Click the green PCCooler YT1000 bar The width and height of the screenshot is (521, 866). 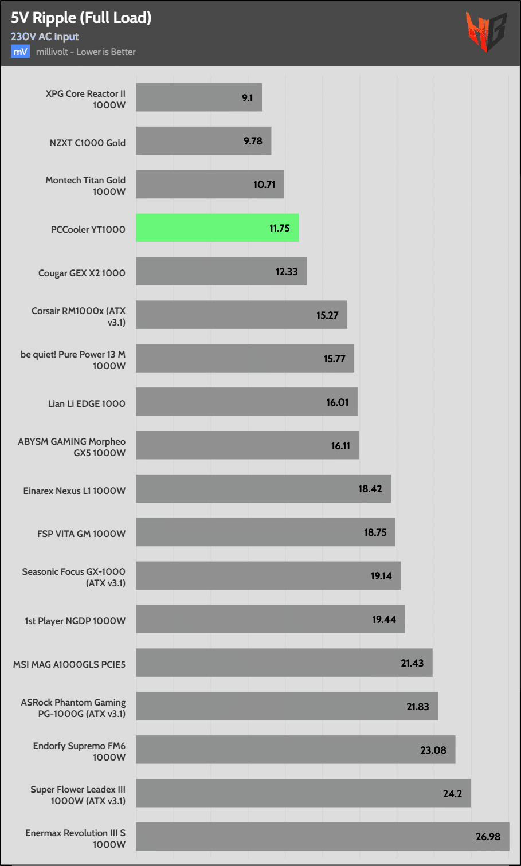(217, 228)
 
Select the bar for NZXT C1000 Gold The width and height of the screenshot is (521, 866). (203, 141)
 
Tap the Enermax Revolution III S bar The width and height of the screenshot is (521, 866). (322, 837)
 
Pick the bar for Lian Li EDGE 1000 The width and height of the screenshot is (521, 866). (246, 402)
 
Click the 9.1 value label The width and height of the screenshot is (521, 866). (248, 98)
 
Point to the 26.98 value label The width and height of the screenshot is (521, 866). (488, 837)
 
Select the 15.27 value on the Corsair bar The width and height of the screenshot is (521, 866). (327, 315)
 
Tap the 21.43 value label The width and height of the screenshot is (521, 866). (412, 663)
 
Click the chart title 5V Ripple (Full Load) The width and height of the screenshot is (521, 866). (81, 18)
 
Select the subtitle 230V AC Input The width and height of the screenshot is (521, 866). (45, 37)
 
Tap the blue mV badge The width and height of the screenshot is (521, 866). (20, 52)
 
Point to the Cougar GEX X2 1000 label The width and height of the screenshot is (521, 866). (82, 273)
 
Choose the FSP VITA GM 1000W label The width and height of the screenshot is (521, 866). (81, 534)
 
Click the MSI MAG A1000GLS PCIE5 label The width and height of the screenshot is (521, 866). (69, 664)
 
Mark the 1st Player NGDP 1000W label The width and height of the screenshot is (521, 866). (75, 621)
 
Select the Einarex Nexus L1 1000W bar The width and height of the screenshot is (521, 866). (263, 489)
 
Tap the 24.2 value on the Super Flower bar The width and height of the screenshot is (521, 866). (452, 794)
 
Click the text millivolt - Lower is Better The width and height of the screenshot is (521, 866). (86, 52)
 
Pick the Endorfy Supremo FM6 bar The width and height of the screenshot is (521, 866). (295, 750)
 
